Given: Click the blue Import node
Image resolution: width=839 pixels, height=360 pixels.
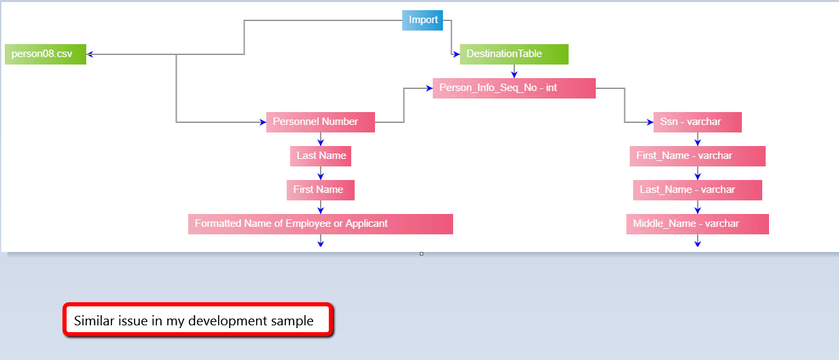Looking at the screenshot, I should (x=423, y=20).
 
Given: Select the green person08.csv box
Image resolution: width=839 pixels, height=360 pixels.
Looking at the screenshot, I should (x=46, y=54).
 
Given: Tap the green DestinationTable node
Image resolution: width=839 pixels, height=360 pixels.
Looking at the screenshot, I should (x=514, y=54).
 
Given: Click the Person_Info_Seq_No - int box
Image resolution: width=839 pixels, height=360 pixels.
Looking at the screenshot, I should (x=514, y=88).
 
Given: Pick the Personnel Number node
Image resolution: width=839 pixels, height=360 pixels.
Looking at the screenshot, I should (x=320, y=122).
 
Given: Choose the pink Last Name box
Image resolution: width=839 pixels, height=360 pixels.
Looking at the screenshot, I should (x=320, y=156).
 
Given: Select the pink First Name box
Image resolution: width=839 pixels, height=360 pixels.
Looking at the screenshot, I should (x=320, y=190).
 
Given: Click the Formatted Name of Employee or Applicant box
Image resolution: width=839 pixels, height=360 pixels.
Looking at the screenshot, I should (x=320, y=224).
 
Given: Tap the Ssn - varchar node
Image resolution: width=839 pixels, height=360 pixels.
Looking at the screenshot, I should (x=697, y=122).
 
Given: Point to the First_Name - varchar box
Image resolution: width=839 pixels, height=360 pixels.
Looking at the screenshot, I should (x=697, y=156).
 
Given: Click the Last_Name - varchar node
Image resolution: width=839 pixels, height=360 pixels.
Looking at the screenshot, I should (x=697, y=190).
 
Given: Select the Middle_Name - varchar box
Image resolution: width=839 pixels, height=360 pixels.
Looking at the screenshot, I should (x=697, y=224).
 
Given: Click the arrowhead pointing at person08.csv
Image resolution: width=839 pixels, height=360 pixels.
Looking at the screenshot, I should (x=91, y=54).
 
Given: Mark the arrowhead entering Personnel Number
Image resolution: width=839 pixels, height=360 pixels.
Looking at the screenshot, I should (x=262, y=122).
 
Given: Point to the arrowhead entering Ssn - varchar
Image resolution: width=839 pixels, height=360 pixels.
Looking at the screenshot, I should (x=649, y=122).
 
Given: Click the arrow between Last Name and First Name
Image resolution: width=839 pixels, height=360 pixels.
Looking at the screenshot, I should (x=321, y=174).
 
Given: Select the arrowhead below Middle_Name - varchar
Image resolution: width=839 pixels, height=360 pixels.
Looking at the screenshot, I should (x=698, y=242).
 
